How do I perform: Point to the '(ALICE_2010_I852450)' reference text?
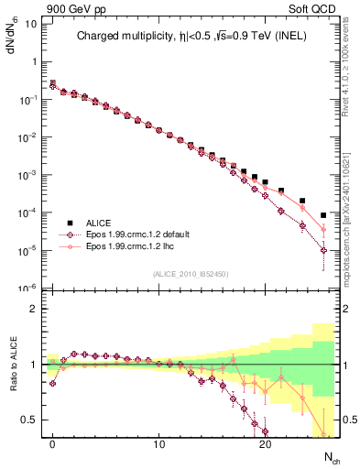(x=191, y=273)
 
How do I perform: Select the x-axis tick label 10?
(x=158, y=444)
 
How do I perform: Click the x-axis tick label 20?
(x=265, y=444)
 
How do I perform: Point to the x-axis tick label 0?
(x=53, y=444)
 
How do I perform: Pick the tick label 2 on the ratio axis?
(x=37, y=309)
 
